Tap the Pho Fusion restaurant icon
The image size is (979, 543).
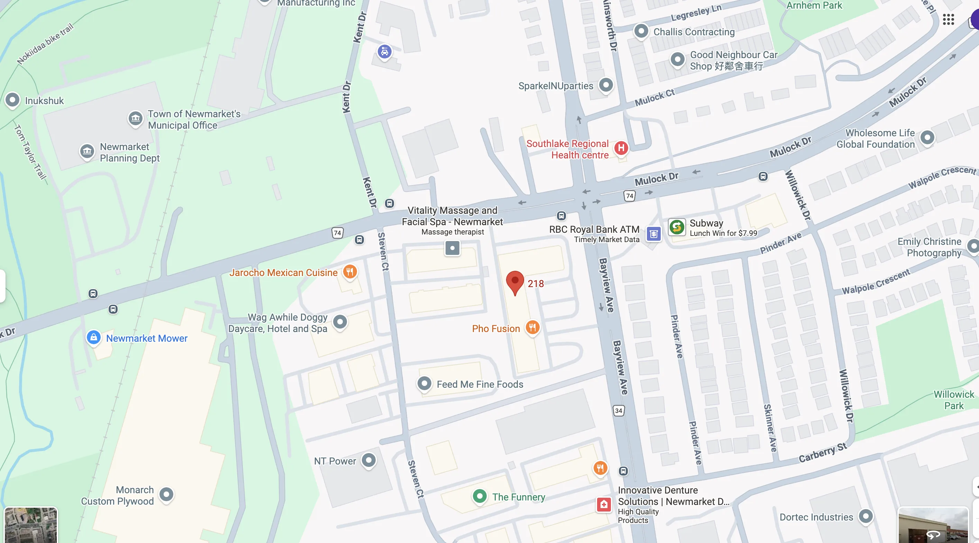[532, 327]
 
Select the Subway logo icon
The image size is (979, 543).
[677, 227]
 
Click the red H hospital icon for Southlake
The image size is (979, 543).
[621, 148]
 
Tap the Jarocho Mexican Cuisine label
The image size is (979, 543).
[283, 273]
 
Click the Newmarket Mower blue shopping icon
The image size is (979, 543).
[93, 338]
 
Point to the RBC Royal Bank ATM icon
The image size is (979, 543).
[653, 234]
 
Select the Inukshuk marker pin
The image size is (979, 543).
[12, 100]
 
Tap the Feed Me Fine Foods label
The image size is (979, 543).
[479, 384]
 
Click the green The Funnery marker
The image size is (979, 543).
[479, 496]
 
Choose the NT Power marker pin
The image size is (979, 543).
[369, 460]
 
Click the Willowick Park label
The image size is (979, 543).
[953, 400]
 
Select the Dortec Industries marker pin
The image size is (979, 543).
[866, 516]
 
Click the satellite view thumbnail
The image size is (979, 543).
[30, 525]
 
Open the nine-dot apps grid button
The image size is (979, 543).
[948, 19]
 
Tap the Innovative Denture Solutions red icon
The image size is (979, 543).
[604, 504]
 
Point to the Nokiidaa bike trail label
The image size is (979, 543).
[45, 44]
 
